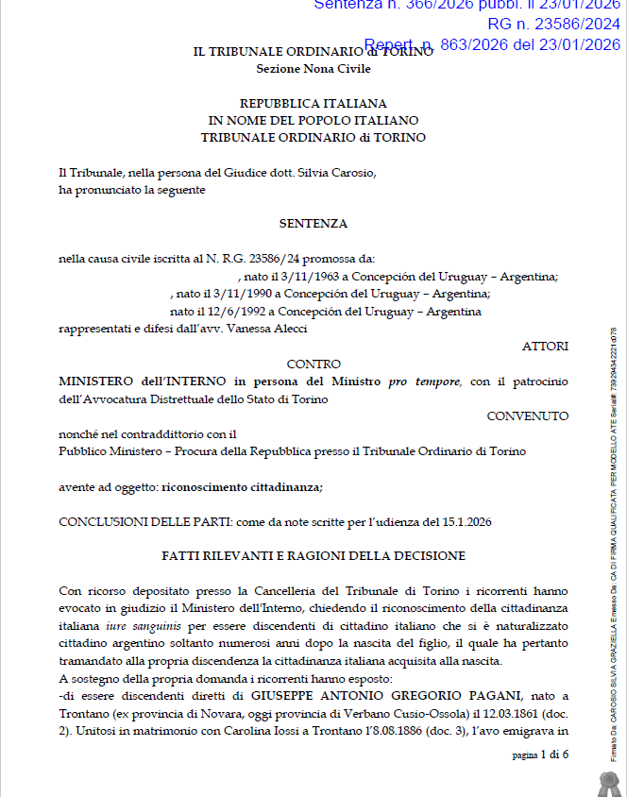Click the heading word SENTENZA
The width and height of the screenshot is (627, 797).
click(313, 224)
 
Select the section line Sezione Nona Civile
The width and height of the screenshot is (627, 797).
click(313, 69)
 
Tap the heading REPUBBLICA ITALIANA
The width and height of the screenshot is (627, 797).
click(313, 103)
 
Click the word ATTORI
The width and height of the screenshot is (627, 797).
click(545, 347)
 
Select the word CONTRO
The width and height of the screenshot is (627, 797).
click(313, 364)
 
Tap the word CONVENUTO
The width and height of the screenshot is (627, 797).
click(528, 415)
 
